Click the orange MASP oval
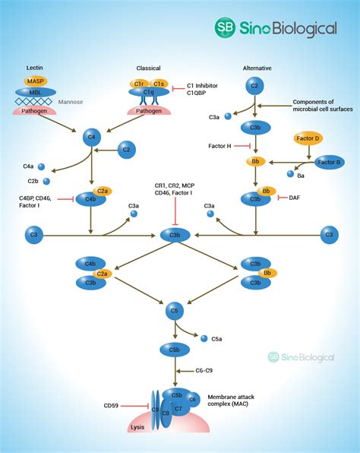[x=33, y=80]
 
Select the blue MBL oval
[x=34, y=91]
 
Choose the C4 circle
[x=91, y=138]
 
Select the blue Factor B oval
[x=330, y=162]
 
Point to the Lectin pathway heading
[x=33, y=68]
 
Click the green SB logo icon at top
[x=226, y=28]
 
